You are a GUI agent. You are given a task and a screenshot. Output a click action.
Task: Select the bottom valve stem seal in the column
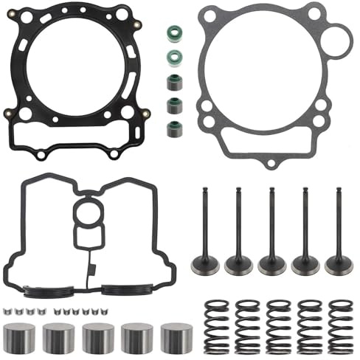tap(174, 126)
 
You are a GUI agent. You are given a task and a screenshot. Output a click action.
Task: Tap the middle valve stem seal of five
tap(174, 80)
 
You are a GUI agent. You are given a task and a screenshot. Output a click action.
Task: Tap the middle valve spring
tap(277, 323)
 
